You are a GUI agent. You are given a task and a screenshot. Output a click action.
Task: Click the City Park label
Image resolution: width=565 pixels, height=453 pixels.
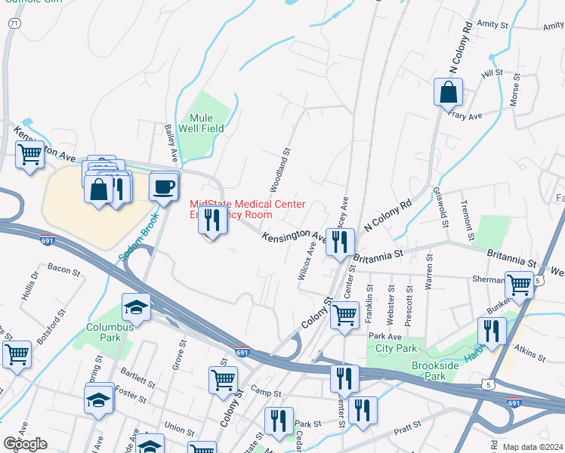[396, 349]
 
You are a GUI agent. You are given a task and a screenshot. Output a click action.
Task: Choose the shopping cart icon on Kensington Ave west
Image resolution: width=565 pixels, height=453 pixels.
[30, 156]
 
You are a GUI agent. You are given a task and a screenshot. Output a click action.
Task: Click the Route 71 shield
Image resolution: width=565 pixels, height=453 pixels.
[14, 24]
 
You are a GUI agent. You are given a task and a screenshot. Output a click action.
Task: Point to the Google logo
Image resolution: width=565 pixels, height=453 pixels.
[25, 444]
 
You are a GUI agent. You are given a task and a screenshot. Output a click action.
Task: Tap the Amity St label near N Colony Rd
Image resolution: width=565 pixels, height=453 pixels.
[492, 25]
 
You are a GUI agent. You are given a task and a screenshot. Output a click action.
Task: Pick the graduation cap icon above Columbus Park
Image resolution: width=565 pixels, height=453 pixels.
[136, 307]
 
